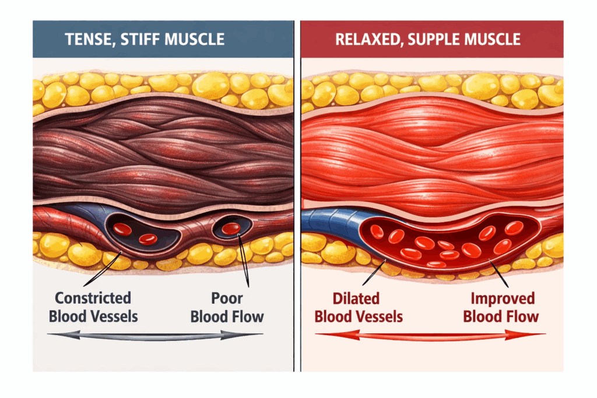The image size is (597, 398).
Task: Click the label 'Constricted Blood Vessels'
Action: click(x=93, y=308)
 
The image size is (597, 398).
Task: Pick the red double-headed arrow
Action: click(x=430, y=335)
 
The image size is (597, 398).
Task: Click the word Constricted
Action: click(x=93, y=298)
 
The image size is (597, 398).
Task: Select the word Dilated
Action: click(x=356, y=298)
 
